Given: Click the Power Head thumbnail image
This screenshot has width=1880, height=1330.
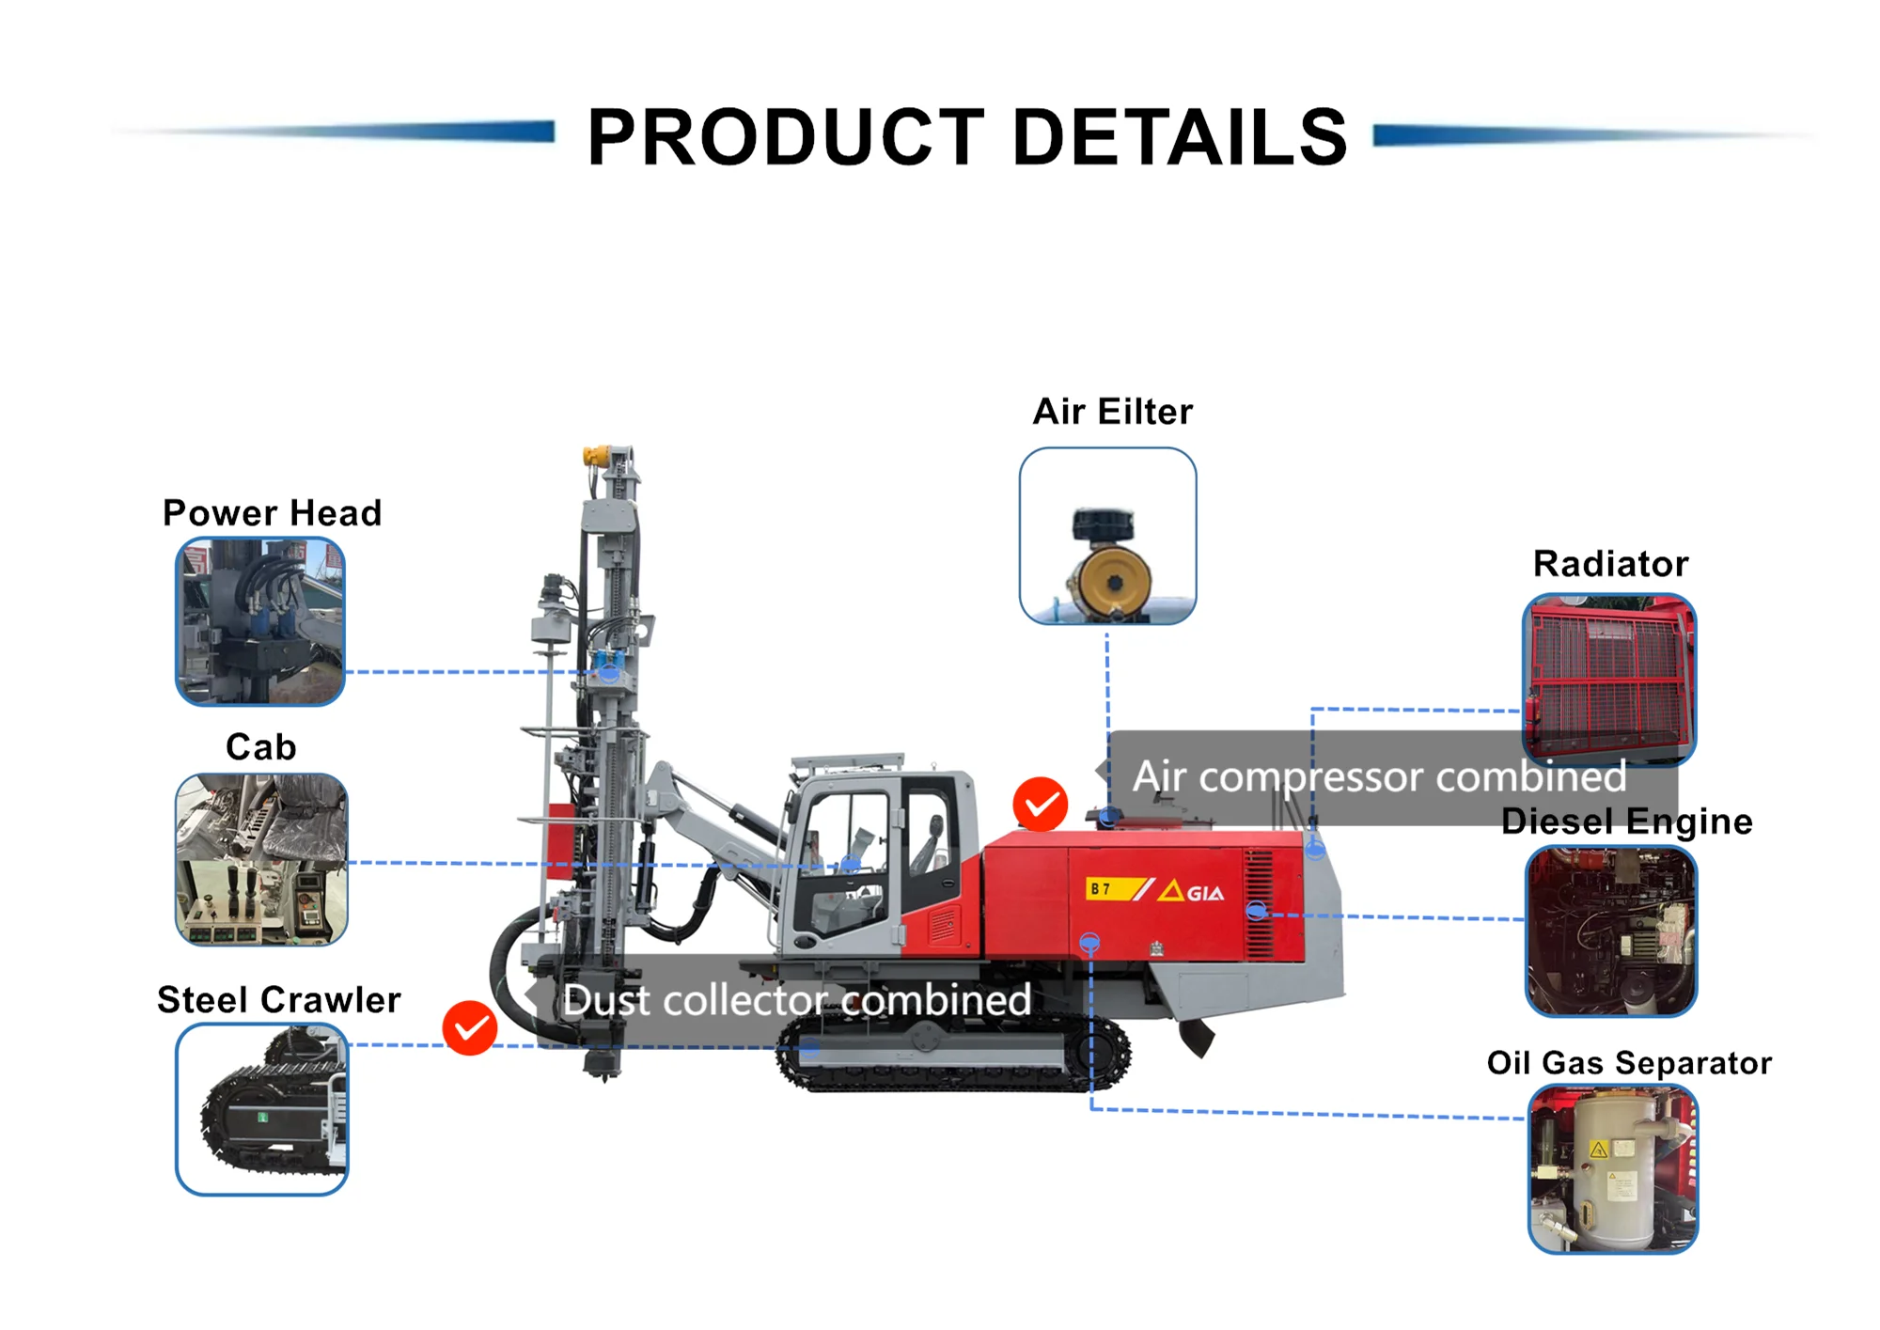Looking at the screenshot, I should pos(260,621).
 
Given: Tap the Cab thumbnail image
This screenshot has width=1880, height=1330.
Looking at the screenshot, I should pos(261,859).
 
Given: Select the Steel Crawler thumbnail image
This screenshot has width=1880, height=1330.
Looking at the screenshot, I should pos(262,1109).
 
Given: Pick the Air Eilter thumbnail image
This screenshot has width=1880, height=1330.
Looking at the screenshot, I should pos(1107,536).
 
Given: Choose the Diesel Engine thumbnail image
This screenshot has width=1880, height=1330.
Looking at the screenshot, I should pos(1611,931).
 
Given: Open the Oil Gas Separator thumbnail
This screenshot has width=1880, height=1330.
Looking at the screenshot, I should pos(1613,1168).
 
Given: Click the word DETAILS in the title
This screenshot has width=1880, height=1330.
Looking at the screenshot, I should pos(1180,137).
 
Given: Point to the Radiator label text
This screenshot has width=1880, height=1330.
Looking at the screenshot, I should pos(1610,564).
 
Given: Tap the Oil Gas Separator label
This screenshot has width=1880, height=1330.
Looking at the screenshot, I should pos(1629,1063).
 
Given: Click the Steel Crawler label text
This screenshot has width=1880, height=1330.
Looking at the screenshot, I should pos(278,1000).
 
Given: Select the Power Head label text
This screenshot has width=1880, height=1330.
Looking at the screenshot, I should pos(272,513).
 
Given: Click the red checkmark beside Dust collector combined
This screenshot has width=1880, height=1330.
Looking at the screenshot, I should pos(470,1028).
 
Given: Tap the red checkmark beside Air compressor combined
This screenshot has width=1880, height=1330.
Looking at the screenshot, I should pos(1041,805).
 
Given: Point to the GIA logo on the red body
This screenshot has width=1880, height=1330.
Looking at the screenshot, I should pos(1192,891).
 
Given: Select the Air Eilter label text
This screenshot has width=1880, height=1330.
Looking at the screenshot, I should pos(1113,412).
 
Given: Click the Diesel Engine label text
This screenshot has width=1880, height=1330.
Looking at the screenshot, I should pos(1626,821).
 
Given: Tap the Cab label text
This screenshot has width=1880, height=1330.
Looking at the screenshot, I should pos(261,747).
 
